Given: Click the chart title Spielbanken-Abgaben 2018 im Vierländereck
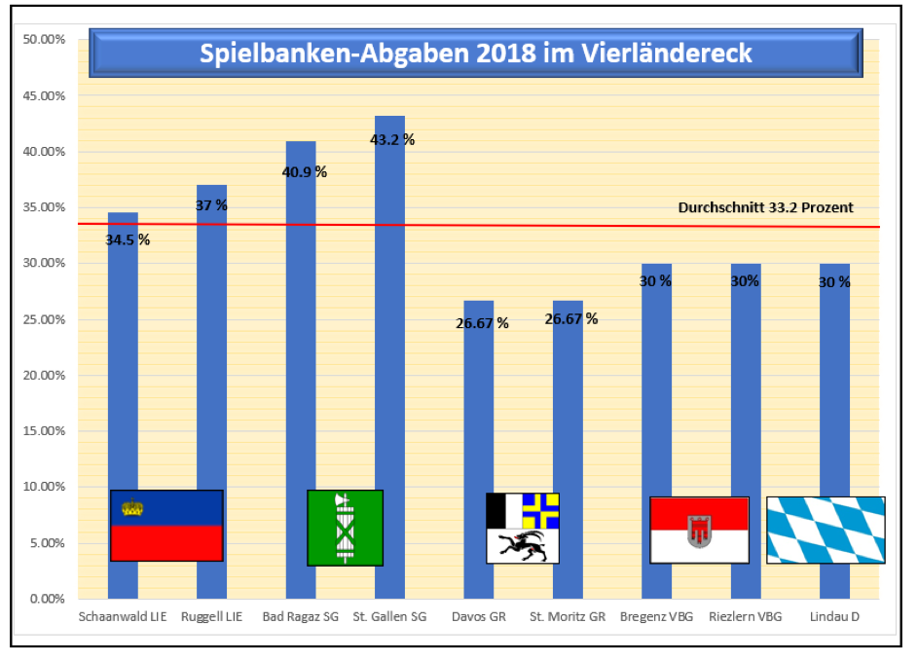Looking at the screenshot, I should point(476,53).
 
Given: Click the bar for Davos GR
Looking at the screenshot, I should point(478,409).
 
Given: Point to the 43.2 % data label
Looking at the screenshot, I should point(392,139).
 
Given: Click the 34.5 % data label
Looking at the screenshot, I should point(128,239).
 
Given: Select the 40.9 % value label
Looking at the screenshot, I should point(304,172).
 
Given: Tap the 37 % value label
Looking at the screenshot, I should point(211,205).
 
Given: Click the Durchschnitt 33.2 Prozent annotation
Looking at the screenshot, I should point(765,207).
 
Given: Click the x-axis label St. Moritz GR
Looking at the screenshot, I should point(568,616).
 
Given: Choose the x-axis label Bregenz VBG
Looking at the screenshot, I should point(656,616).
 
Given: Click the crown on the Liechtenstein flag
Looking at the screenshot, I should point(132,507).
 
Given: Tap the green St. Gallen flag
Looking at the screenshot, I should point(345,528).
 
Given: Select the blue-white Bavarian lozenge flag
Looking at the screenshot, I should point(826,530).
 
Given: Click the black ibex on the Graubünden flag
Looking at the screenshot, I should point(523,545).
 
